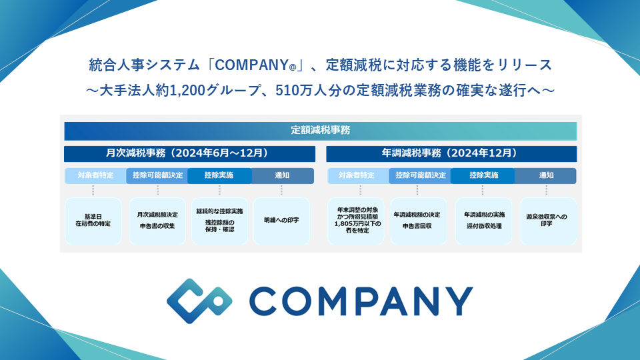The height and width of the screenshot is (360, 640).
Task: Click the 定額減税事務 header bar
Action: point(320,130)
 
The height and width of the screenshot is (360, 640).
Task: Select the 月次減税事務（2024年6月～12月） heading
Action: point(189,153)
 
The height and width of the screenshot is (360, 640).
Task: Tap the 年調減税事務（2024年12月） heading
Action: point(451,153)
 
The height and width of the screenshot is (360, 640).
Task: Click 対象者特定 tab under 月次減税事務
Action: point(95,176)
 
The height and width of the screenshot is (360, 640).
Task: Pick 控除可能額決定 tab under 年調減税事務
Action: point(420,176)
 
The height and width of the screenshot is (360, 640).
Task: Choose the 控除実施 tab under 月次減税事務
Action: point(219,176)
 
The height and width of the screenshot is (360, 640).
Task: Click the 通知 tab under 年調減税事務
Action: point(545,176)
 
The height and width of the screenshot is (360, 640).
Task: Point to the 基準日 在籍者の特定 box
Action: point(93,221)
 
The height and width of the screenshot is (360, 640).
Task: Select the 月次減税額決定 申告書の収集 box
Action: point(157,221)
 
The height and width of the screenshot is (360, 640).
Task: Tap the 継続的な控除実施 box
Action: point(219,221)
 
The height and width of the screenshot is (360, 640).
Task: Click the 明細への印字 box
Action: point(281,221)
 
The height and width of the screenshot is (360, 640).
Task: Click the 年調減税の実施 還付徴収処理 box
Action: point(483,221)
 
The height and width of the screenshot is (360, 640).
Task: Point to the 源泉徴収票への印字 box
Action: point(547,221)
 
